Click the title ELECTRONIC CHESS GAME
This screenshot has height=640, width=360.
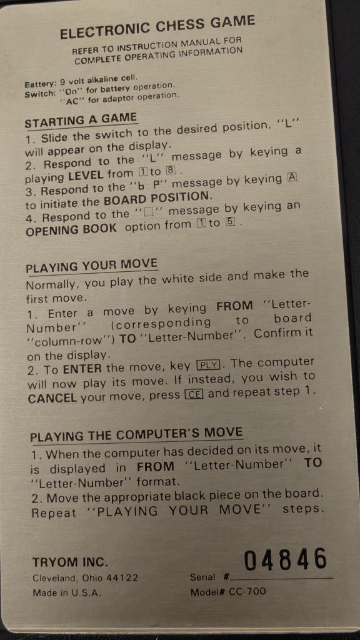coord(157,27)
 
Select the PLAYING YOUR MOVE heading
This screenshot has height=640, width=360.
coord(91,265)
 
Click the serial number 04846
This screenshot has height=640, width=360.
coord(286,559)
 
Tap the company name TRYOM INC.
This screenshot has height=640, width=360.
coord(70,562)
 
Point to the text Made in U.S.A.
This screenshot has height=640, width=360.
coord(66,592)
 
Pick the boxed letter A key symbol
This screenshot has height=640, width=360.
coord(292,178)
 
